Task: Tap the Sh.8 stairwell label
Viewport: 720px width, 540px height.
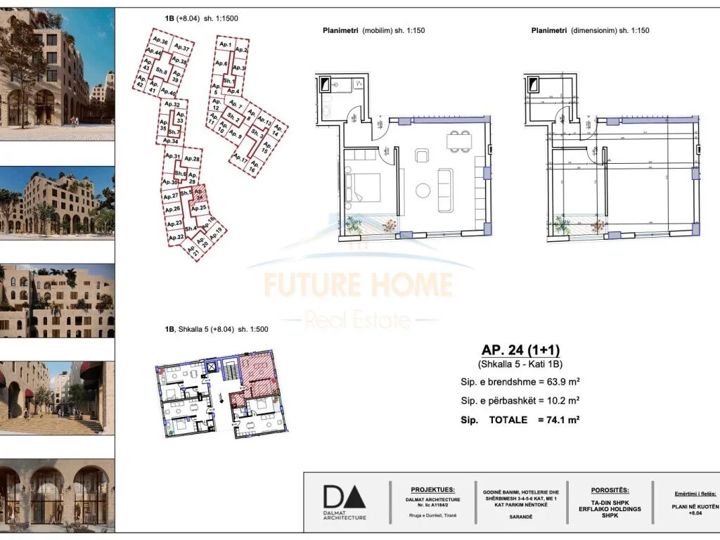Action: [x=162, y=71]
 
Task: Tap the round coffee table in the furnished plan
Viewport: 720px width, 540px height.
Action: [x=423, y=190]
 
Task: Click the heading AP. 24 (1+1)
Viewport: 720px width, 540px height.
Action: [x=520, y=350]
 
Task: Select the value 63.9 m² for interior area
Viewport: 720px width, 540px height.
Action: [x=554, y=382]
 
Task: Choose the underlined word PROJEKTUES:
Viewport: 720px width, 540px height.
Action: [x=432, y=489]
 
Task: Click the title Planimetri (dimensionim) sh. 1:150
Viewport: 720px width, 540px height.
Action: [x=590, y=30]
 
